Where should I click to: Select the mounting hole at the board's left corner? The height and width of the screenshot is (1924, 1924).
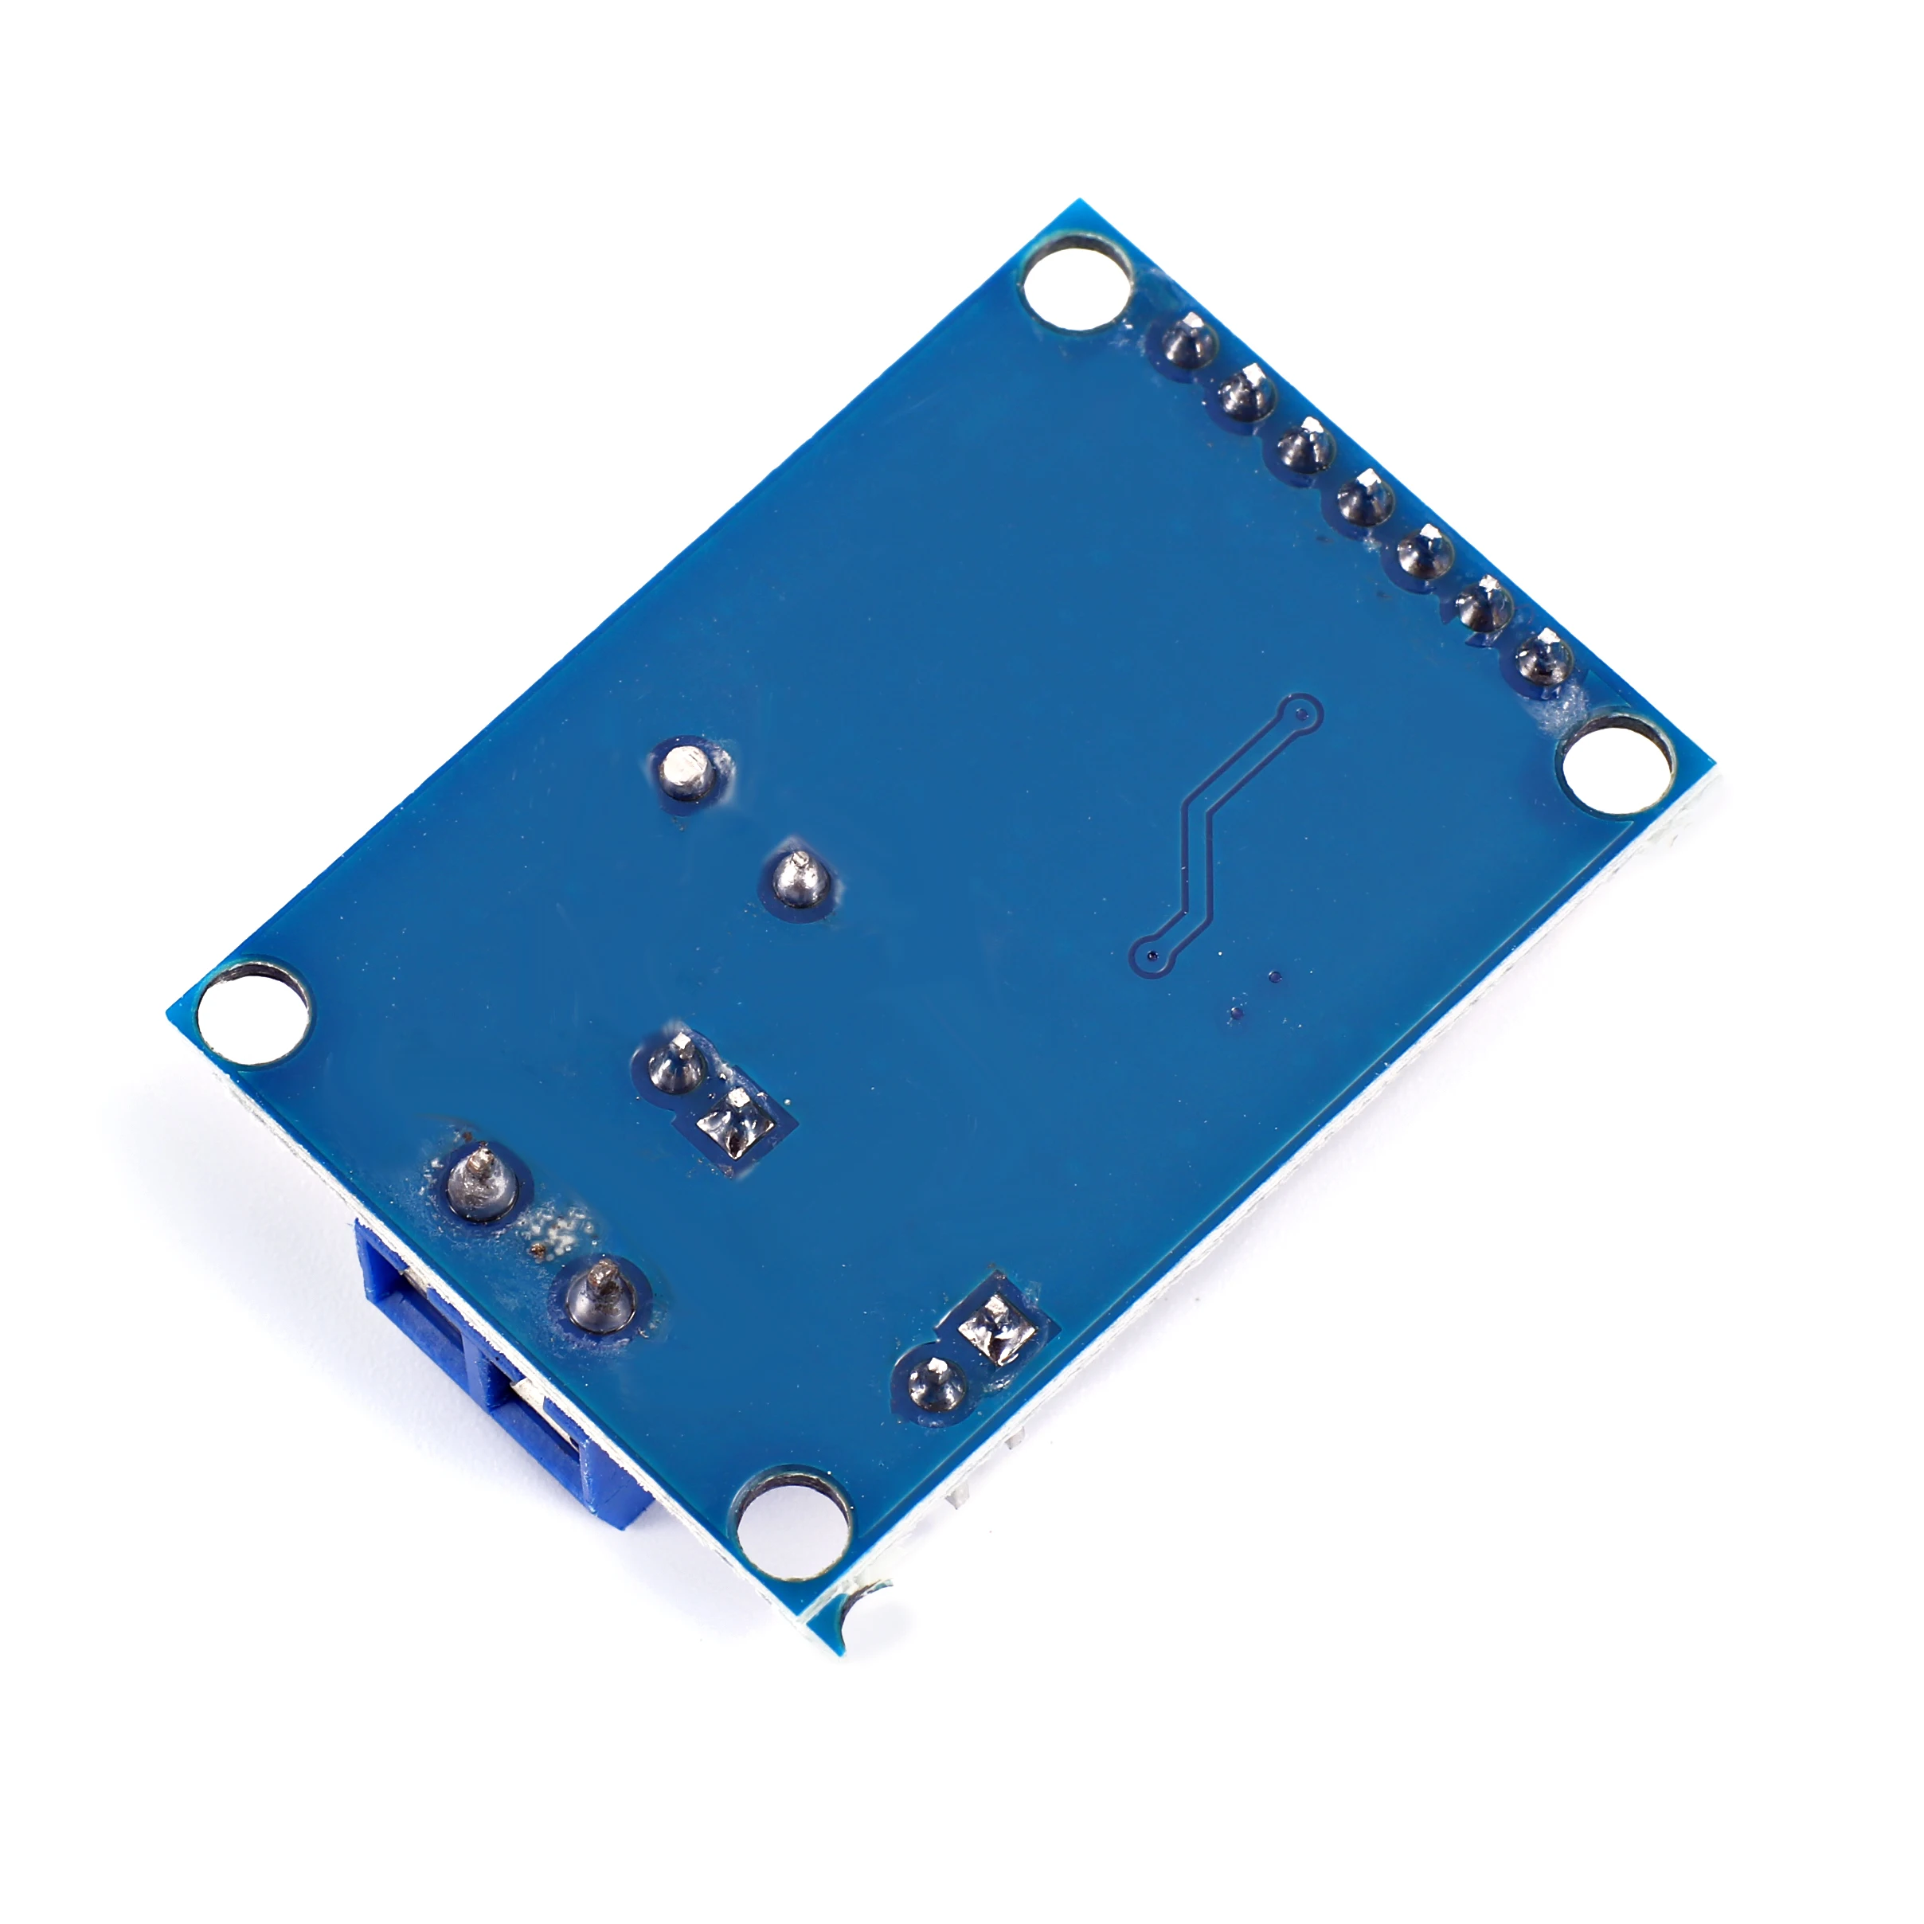(x=253, y=1012)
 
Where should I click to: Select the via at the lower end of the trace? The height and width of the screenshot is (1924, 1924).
(x=1152, y=953)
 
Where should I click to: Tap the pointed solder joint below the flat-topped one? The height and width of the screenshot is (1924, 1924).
(x=800, y=876)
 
